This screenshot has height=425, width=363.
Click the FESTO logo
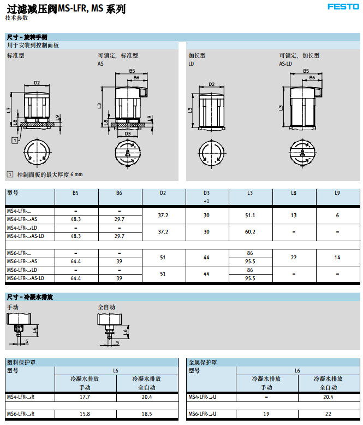tap(343, 7)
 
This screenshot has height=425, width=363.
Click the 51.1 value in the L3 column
tap(250, 215)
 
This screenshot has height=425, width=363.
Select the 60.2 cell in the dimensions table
tap(250, 231)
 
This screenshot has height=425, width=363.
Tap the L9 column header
tap(337, 193)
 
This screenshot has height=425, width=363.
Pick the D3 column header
tap(206, 193)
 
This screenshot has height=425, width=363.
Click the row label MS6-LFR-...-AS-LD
tap(25, 278)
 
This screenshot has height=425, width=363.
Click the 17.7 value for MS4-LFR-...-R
tap(85, 397)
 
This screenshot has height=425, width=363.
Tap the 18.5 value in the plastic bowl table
tap(146, 414)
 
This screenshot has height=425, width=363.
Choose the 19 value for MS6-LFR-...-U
tap(266, 414)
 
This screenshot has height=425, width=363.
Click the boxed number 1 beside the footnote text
tap(9, 174)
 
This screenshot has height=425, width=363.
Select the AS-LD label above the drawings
tap(285, 63)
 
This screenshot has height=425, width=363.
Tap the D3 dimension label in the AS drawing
tap(127, 133)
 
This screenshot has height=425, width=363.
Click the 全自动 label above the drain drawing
tap(106, 307)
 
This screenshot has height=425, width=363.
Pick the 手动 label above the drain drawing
tap(13, 307)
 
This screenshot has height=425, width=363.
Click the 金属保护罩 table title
tap(203, 362)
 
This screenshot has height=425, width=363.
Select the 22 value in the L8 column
tap(294, 257)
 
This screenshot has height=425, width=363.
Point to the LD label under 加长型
tap(191, 63)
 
